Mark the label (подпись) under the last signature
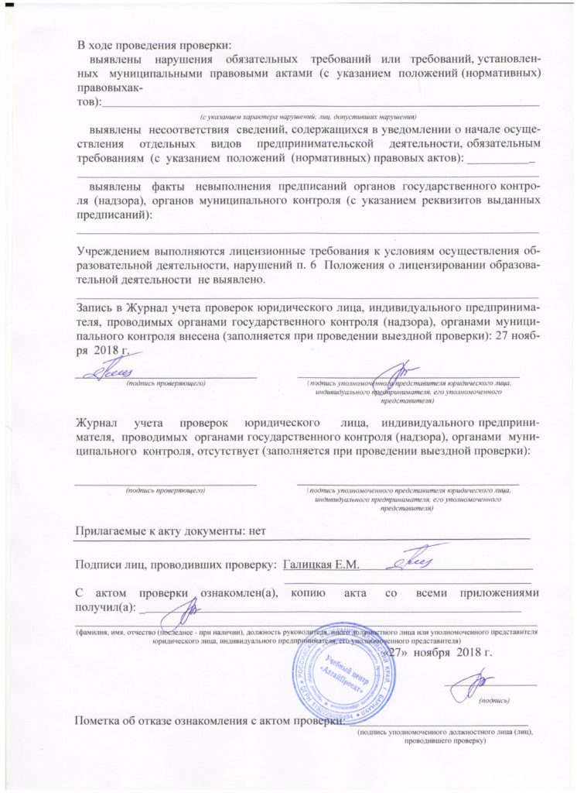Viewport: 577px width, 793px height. click(494, 700)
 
